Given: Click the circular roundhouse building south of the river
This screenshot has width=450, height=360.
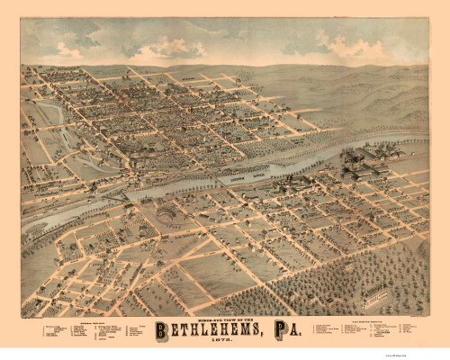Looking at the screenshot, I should tap(168, 214).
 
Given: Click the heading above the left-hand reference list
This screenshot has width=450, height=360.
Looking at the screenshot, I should tap(86, 319).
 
